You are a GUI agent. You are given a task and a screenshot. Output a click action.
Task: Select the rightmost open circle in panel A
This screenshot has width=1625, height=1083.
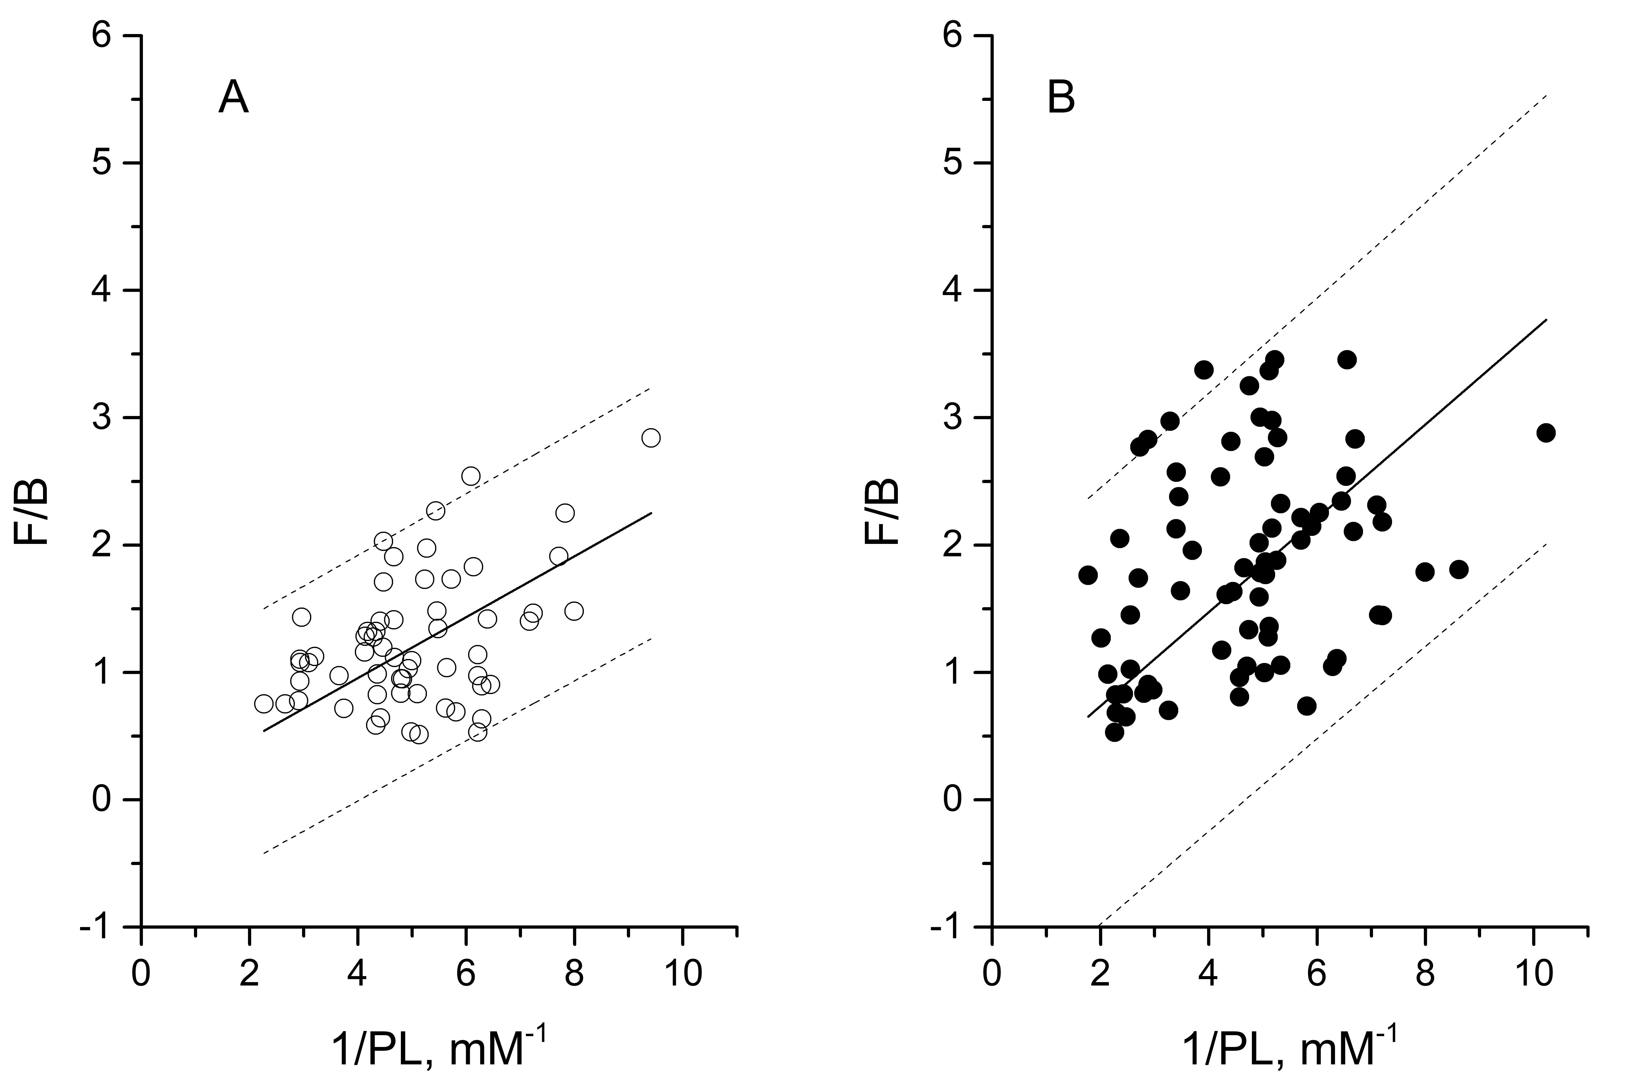(650, 438)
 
